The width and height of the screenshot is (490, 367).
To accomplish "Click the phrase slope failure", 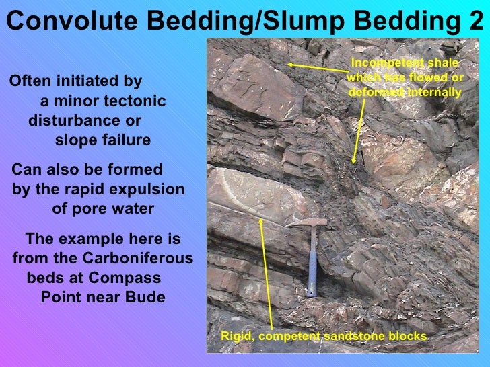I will pos(102,140).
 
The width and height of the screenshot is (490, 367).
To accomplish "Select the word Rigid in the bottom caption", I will pos(236,336).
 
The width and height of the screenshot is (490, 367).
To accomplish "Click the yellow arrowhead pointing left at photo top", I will pos(291,64).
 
